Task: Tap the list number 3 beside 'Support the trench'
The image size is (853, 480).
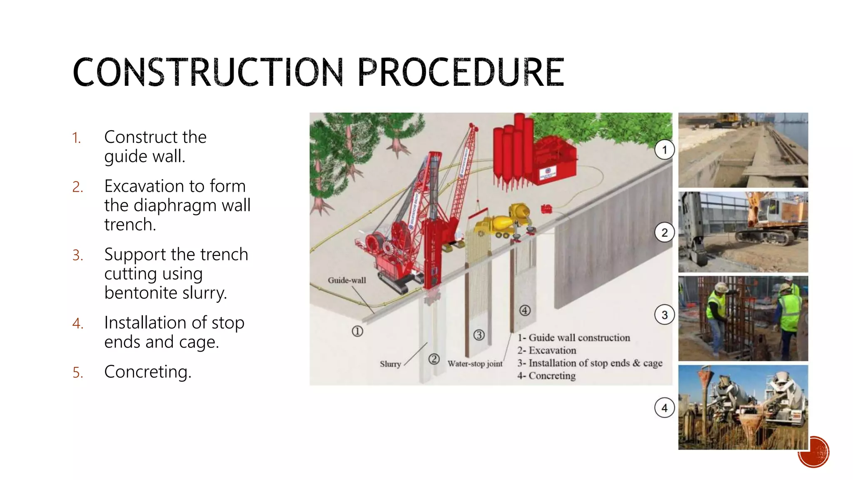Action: coord(77,255)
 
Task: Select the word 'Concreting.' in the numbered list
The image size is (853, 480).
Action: coord(148,372)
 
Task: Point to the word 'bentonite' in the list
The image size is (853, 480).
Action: coord(141,292)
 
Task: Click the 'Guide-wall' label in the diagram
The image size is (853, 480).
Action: coord(347,280)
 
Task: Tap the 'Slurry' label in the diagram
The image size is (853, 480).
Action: coord(390,364)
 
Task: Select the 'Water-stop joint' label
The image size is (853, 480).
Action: coord(475,364)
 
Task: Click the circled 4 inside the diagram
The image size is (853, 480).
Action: coord(525,310)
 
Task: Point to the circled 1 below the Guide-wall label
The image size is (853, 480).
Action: coord(357,331)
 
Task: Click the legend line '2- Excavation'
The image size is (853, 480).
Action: coord(547,350)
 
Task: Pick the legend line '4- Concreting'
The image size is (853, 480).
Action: coord(546,376)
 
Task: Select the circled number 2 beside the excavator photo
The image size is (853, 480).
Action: coord(664,232)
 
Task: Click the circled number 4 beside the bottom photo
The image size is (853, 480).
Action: coord(664,408)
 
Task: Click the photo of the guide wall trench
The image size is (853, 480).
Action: coord(743,150)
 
